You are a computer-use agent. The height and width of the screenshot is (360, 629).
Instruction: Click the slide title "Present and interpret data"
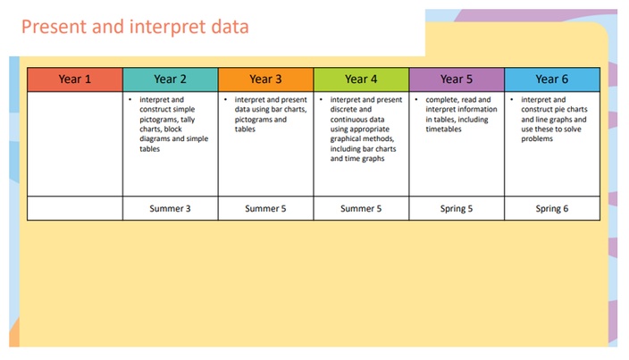point(135,28)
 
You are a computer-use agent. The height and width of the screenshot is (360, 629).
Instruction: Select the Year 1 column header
point(75,80)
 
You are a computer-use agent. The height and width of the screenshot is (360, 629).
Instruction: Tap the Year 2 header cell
point(171,80)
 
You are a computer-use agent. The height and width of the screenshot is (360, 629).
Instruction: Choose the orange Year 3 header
point(266,80)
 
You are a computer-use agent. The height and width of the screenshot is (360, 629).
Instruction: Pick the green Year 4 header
point(362,80)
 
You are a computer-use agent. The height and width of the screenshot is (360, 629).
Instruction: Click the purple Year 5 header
point(457,80)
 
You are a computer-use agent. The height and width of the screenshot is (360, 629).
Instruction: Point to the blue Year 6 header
point(552,80)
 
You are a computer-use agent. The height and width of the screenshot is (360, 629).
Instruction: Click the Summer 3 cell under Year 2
point(171,208)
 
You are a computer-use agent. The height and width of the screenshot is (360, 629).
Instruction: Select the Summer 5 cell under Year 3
point(266,208)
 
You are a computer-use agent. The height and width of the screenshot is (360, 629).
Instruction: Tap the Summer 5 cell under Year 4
point(362,208)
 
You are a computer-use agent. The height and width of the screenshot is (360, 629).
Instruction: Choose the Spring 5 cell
point(457,208)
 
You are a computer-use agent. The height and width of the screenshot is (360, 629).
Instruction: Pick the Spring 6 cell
point(552,208)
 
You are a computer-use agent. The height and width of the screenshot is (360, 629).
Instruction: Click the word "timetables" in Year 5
point(444,130)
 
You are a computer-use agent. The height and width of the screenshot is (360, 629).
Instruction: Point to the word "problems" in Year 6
point(537,139)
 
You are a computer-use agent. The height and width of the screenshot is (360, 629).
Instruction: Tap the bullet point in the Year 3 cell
point(225,99)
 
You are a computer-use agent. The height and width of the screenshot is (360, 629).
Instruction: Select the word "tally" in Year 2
point(188,120)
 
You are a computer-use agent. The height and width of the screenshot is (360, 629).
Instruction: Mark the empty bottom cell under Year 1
point(75,208)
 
